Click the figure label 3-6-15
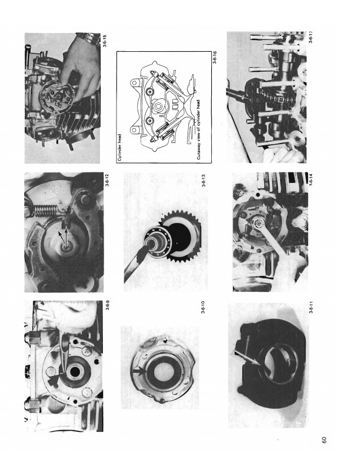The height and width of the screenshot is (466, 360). (107, 41)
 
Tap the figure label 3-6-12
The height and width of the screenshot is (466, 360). (107, 180)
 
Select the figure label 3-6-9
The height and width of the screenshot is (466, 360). (108, 306)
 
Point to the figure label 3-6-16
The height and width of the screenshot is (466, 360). (215, 57)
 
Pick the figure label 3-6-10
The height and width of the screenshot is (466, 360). (203, 307)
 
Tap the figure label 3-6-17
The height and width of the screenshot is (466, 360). (310, 37)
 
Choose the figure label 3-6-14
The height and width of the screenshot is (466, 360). (311, 179)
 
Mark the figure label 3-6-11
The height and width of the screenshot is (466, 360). (311, 308)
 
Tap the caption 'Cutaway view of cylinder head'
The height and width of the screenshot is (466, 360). (199, 129)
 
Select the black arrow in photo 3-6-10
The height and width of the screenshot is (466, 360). (138, 371)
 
